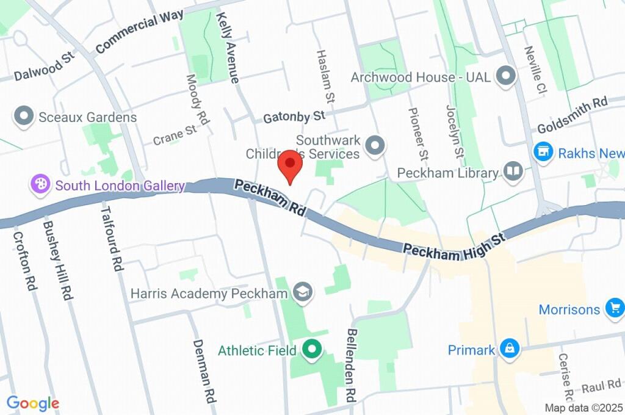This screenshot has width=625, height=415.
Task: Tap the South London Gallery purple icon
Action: (x=40, y=185)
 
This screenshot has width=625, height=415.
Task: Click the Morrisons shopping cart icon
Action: (x=613, y=309)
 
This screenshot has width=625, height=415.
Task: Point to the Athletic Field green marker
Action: (x=312, y=350)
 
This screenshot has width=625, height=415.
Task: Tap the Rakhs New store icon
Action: (x=542, y=153)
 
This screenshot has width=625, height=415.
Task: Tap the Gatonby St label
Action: (x=294, y=116)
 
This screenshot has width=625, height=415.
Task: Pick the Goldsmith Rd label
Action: (x=572, y=115)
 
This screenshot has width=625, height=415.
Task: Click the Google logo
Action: (x=33, y=403)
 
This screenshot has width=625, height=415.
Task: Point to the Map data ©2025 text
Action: (x=583, y=408)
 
